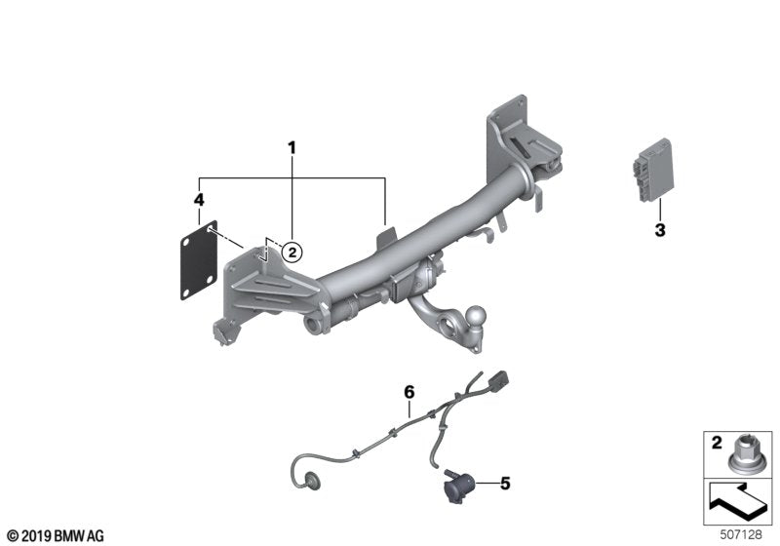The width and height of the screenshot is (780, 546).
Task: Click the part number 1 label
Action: click(291, 147)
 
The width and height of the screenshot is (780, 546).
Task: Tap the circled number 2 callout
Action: click(291, 252)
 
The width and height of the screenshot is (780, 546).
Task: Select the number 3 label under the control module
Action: click(660, 231)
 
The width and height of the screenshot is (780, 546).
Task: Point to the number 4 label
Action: click(199, 200)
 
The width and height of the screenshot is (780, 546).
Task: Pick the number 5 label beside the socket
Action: click(505, 482)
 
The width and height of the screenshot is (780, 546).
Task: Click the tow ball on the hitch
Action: click(479, 318)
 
